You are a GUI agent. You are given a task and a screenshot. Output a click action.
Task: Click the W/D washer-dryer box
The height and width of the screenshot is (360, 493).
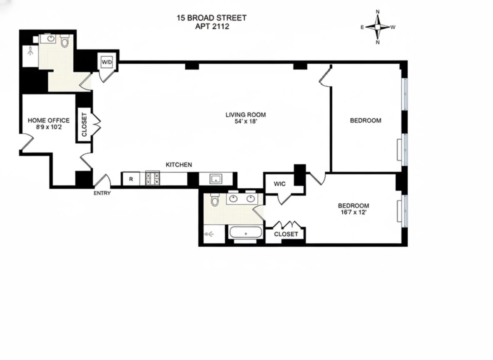[106, 62]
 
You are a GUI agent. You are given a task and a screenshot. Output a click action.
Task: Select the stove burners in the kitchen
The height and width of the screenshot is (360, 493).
[152, 178]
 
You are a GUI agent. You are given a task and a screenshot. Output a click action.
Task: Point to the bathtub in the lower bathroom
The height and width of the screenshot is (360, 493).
[246, 233]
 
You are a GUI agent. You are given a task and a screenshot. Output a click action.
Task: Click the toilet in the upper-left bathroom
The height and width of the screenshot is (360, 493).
[65, 42]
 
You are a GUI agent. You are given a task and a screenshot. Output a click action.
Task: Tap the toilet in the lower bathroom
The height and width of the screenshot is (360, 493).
[215, 200]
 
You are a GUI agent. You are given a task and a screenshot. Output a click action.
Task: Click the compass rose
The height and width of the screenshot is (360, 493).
[378, 27]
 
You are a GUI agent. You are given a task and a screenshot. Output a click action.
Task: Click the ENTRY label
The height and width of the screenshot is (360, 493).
[102, 193]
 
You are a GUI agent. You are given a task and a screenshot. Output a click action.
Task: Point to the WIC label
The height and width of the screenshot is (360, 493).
[279, 184]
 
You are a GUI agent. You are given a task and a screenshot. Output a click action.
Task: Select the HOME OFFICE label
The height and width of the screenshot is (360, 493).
[49, 120]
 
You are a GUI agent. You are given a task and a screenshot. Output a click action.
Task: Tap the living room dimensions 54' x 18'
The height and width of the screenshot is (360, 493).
[246, 122]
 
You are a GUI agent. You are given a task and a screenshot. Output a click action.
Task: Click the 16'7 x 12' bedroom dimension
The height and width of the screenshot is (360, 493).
[354, 212]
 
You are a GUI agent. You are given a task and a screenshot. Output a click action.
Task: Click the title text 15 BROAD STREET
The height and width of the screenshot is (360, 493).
[212, 18]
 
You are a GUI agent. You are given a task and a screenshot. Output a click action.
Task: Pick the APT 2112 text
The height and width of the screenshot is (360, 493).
[212, 26]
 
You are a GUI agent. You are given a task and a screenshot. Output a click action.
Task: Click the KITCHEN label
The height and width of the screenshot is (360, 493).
[179, 165]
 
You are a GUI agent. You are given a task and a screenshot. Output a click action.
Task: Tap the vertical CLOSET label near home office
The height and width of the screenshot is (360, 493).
[84, 125]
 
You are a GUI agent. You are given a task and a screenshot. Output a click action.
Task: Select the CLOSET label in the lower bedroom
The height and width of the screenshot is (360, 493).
[286, 234]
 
